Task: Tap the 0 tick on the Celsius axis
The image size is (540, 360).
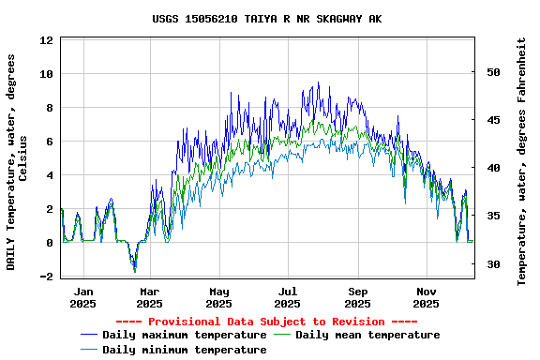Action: pos(50,243)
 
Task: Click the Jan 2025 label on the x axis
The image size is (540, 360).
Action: pos(83,297)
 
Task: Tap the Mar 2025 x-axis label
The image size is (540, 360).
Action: pos(149,297)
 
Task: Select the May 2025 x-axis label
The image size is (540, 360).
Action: pos(218,297)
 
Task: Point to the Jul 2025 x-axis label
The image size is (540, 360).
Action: pos(288,297)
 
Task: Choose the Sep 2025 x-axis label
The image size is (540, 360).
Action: pos(357,297)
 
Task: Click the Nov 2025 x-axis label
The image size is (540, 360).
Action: pos(427,297)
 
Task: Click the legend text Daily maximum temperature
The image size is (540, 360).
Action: pos(185,335)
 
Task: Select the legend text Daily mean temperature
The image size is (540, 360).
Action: pos(367,335)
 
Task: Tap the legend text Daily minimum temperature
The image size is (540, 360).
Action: pos(185,350)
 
